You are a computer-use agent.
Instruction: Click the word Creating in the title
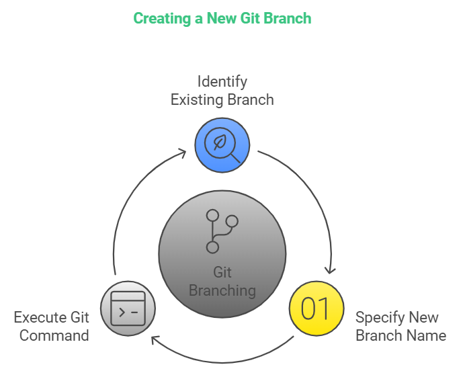coord(161,18)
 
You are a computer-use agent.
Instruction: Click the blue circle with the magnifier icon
coord(222,144)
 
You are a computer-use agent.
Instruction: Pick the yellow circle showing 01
coord(316,308)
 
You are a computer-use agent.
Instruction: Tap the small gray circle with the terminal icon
coord(128,308)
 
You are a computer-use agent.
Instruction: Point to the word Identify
coord(222,81)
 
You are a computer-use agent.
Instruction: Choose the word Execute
coord(40,317)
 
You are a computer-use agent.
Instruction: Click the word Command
coord(54,335)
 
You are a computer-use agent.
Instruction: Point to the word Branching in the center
coord(222,290)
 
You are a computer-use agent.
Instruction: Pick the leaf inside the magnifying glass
coord(220,142)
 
